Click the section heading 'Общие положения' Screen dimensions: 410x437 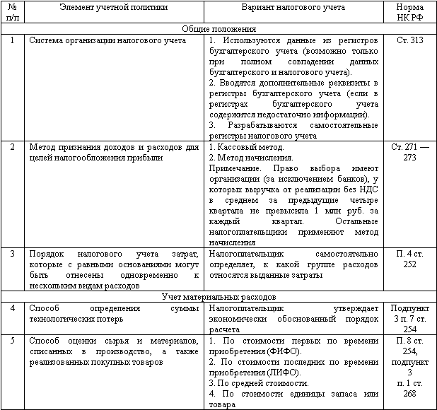point(218,29)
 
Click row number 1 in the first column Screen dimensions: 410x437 point(13,40)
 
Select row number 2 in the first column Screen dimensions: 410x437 point(13,147)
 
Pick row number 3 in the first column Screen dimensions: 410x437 point(13,253)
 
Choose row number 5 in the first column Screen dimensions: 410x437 point(13,341)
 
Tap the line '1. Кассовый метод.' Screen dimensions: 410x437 point(247,147)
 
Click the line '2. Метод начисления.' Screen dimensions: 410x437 point(251,158)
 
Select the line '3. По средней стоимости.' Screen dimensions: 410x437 point(257,382)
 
